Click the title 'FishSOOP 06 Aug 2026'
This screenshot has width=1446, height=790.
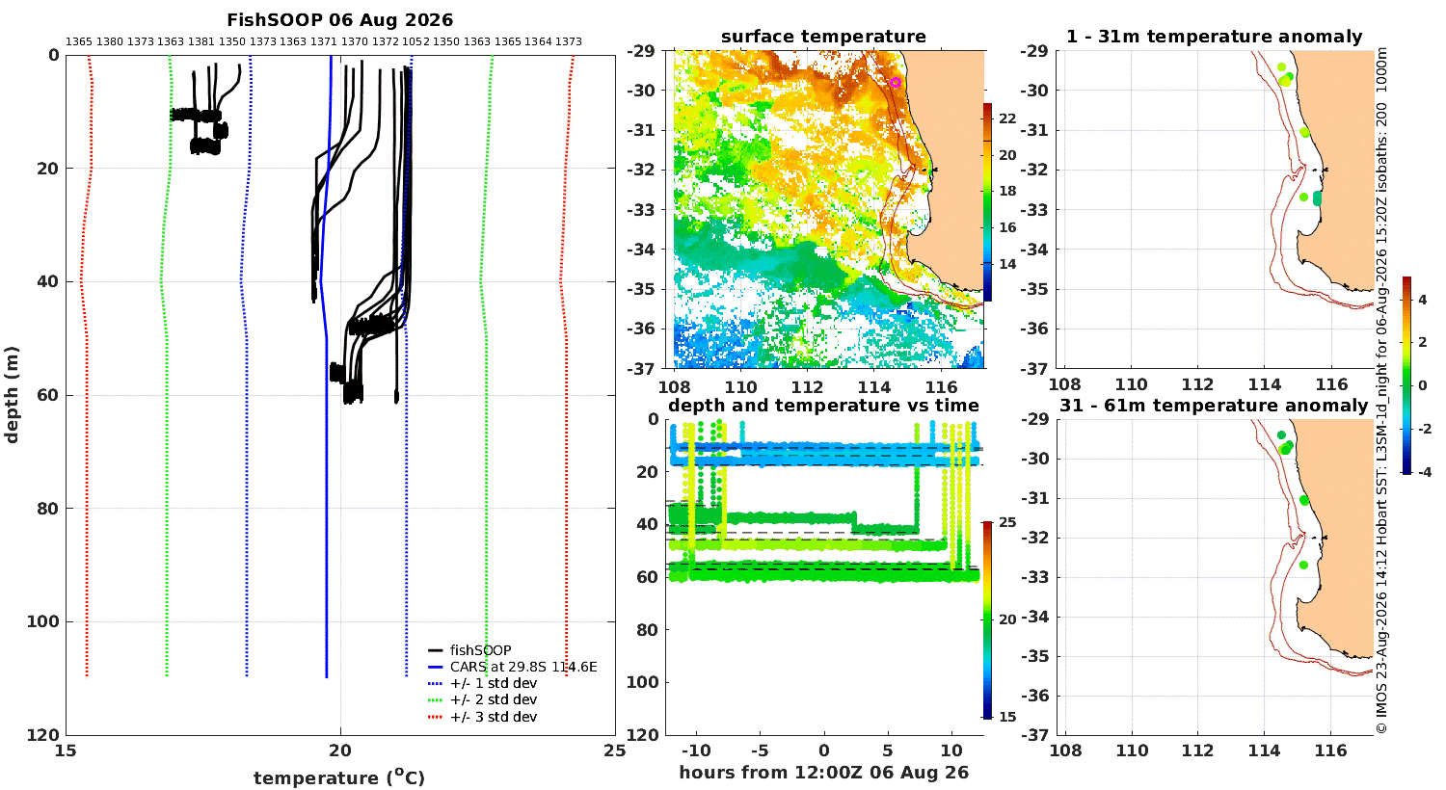pos(339,20)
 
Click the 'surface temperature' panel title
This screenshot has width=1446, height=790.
pos(823,37)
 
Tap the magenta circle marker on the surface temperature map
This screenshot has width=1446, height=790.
pos(896,83)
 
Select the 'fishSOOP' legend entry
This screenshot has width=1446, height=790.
pos(480,650)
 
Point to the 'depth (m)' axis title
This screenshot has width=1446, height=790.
pos(12,395)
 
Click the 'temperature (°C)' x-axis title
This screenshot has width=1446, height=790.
pos(339,777)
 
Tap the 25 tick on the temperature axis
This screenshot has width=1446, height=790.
pos(615,750)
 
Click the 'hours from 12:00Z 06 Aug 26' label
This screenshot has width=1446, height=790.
pos(823,773)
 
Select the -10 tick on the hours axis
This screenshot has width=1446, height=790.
pos(696,750)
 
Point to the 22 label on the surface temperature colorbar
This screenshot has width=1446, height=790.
pos(1007,118)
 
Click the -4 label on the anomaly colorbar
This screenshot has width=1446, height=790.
pos(1424,473)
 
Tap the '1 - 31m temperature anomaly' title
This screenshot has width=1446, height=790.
pos(1214,37)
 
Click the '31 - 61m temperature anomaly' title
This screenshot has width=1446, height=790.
pos(1214,406)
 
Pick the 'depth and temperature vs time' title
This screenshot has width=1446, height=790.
pos(823,406)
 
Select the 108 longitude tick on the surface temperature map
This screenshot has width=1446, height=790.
pos(674,387)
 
